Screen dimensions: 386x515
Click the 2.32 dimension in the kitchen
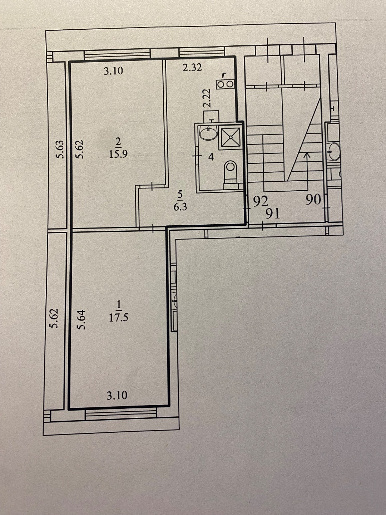tap(192, 68)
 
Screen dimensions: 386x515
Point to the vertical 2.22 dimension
tap(207, 98)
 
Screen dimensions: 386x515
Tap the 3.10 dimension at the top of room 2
tap(113, 70)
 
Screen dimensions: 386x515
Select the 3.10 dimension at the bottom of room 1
tap(117, 396)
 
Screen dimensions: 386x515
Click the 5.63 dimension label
tap(60, 149)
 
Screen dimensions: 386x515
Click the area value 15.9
tap(118, 154)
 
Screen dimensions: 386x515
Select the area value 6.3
tap(180, 207)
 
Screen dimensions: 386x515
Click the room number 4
tap(211, 157)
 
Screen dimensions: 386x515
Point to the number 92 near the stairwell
tap(261, 201)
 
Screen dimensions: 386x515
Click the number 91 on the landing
tap(273, 214)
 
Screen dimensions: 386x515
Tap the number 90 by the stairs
tap(313, 200)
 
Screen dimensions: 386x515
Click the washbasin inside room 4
tap(208, 133)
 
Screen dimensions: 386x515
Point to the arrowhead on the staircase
tap(307, 155)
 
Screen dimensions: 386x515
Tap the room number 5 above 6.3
tap(180, 194)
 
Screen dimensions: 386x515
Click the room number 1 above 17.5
tap(118, 305)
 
